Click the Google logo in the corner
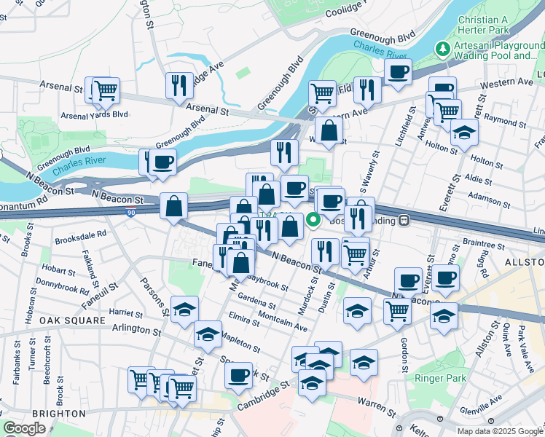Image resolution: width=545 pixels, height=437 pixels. (25, 428)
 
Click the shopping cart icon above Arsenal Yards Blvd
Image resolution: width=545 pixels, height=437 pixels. (106, 90)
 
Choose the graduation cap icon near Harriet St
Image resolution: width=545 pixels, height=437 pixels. (184, 309)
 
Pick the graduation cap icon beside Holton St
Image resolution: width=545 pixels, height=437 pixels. (463, 132)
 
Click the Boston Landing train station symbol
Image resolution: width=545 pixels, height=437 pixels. (401, 220)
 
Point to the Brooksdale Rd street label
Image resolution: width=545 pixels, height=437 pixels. (82, 235)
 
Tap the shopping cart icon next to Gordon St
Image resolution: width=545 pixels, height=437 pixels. (397, 310)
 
